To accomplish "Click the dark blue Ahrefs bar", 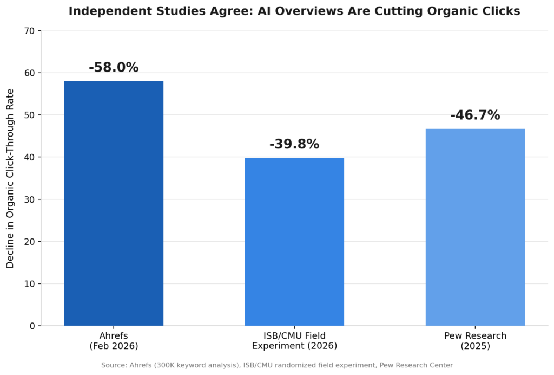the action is click(114, 203).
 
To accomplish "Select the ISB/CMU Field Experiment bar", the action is click(294, 242).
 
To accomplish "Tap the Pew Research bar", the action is click(475, 227).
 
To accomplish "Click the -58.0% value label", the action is click(114, 67).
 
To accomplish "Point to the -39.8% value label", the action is click(294, 144).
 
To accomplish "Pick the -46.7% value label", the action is click(475, 115).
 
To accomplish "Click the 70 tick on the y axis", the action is click(30, 31).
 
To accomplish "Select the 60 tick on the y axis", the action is click(30, 73).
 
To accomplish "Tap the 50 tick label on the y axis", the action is click(30, 115).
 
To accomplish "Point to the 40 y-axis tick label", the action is click(30, 157).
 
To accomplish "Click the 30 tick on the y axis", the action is click(30, 199).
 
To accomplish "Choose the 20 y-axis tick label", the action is click(30, 242).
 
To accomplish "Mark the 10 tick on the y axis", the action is click(30, 284).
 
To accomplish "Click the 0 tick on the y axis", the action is click(32, 326).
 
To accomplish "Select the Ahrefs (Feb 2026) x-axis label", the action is click(114, 341).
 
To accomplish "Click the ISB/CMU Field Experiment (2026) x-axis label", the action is click(294, 341).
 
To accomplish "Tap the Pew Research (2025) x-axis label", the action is click(475, 341).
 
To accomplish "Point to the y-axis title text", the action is click(10, 178).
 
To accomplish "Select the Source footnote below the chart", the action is click(277, 365).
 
